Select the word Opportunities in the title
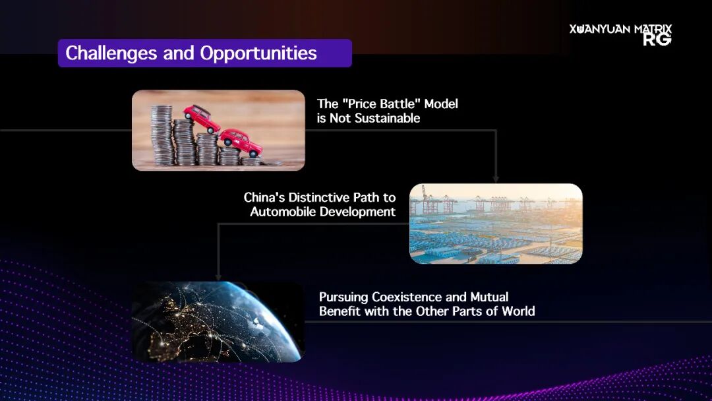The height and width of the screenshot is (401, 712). click(258, 53)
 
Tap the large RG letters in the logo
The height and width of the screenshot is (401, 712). click(657, 40)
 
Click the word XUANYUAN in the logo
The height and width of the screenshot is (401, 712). click(600, 29)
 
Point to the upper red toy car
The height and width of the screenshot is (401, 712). click(201, 117)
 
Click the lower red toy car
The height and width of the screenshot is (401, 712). click(241, 142)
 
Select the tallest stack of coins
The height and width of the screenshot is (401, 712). click(162, 135)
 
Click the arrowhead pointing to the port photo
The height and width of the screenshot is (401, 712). click(496, 179)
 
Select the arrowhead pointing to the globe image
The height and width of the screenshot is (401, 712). click(218, 277)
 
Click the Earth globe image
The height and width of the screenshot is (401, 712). click(218, 322)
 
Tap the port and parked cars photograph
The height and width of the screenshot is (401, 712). click(496, 224)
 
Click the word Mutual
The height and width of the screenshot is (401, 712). click(489, 297)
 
